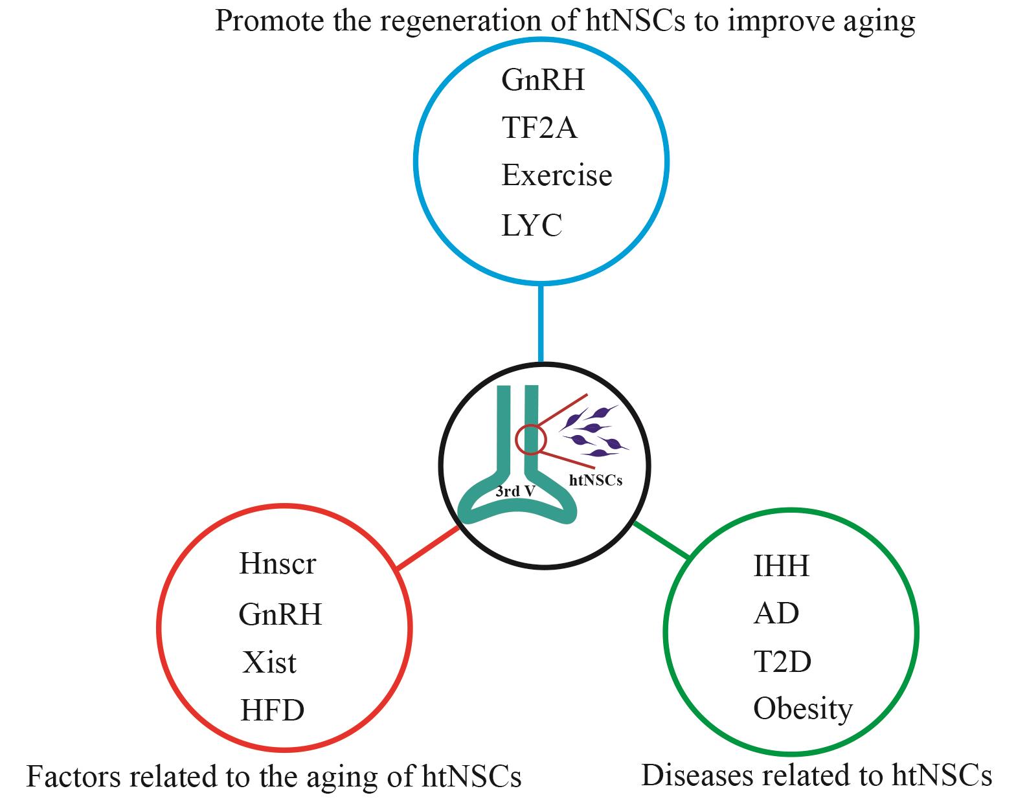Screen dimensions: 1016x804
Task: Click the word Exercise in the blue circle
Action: pos(557,175)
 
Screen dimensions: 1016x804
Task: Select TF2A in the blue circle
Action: pos(539,128)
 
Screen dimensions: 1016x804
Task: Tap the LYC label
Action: pos(532,225)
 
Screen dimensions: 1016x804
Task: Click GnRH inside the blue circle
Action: pos(543,80)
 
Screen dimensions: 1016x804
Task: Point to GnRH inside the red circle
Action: pos(280,614)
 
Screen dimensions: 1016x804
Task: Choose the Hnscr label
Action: pos(278,564)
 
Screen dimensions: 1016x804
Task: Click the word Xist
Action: pos(269,662)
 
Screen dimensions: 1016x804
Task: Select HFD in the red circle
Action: pos(273,711)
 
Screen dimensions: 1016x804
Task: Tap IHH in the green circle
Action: pos(782,566)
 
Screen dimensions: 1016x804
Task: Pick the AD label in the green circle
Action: pos(776,613)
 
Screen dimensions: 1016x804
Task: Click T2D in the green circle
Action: pos(782,662)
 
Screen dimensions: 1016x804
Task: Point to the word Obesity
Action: pos(803,709)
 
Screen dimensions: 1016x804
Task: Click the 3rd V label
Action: pos(515,491)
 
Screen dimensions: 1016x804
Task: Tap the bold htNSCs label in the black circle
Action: pos(595,480)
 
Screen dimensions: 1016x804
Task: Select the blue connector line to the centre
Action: pos(541,324)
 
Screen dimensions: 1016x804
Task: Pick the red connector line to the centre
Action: pos(428,548)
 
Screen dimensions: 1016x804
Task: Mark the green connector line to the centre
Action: pos(662,540)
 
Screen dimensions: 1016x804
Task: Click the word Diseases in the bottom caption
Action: pos(697,776)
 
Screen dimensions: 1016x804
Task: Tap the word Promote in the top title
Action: pos(269,21)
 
